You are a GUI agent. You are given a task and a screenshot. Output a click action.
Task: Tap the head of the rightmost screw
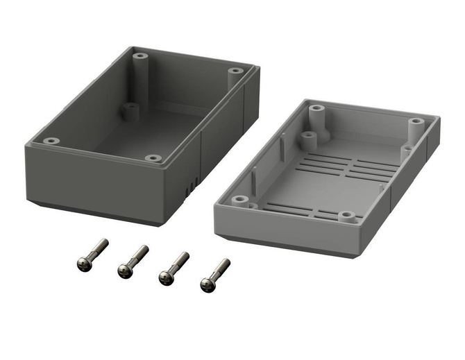206,283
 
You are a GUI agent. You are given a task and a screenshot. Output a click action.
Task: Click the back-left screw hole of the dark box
141,55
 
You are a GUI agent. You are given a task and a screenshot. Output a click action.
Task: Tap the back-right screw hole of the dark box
236,71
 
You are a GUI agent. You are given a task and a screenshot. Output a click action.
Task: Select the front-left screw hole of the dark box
51,141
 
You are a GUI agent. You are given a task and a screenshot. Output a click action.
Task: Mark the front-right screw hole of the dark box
154,158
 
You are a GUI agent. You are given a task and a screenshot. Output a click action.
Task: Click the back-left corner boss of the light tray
316,110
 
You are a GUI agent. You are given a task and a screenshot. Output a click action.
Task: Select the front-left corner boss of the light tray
241,200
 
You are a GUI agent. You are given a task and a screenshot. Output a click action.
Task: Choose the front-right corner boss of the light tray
345,216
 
